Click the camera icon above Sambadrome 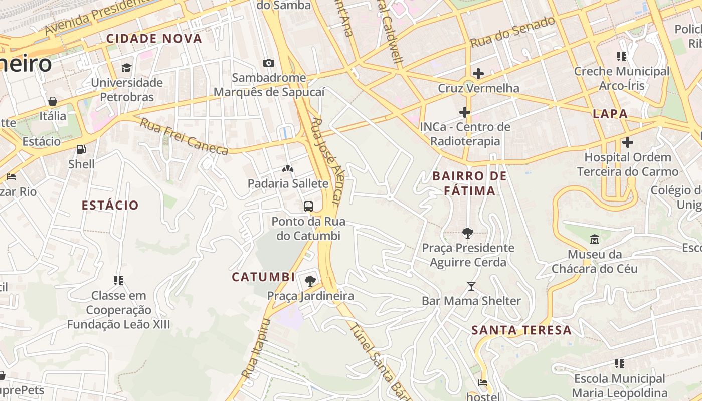[x=269, y=63]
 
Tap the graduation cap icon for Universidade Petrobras [x=126, y=68]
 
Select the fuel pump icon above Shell [x=81, y=149]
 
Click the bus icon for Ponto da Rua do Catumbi [x=308, y=206]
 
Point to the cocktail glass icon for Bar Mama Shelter [x=471, y=286]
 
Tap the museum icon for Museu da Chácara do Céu [x=595, y=239]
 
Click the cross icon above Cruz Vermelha [x=478, y=74]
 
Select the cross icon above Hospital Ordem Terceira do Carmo [x=627, y=142]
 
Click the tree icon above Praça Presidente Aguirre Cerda [x=468, y=233]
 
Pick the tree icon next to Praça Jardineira [x=310, y=281]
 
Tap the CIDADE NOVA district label [x=154, y=39]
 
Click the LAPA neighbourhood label [x=610, y=114]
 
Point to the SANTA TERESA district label [x=521, y=330]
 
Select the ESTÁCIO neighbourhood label [x=110, y=205]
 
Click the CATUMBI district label [x=263, y=277]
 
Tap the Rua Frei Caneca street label [x=184, y=136]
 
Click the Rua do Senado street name [x=512, y=31]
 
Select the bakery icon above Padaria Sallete [x=288, y=169]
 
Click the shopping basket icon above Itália [x=53, y=102]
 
